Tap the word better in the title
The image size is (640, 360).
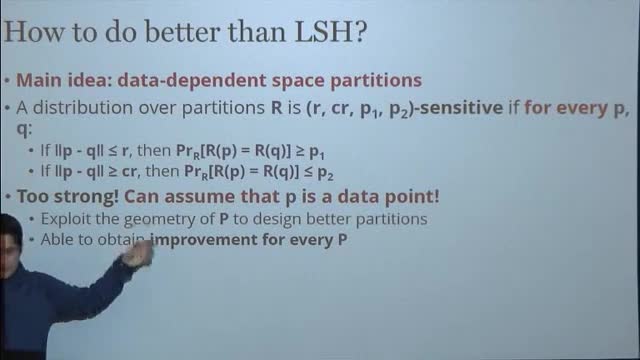pyautogui.click(x=182, y=32)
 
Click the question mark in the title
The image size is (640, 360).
pyautogui.click(x=361, y=32)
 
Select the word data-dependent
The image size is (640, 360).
pyautogui.click(x=191, y=80)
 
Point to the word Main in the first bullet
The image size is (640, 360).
pyautogui.click(x=39, y=80)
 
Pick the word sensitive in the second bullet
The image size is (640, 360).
pyautogui.click(x=461, y=108)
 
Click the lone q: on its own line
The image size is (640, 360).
pyautogui.click(x=24, y=130)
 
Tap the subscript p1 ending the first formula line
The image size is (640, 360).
pyautogui.click(x=317, y=152)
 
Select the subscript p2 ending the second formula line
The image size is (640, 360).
pyautogui.click(x=325, y=173)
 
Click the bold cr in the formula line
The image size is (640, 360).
pyautogui.click(x=129, y=171)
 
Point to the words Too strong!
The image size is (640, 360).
pyautogui.click(x=68, y=196)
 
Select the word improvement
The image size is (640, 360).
pyautogui.click(x=203, y=240)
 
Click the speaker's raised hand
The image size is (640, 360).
pyautogui.click(x=138, y=254)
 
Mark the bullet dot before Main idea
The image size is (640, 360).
pyautogui.click(x=7, y=80)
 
